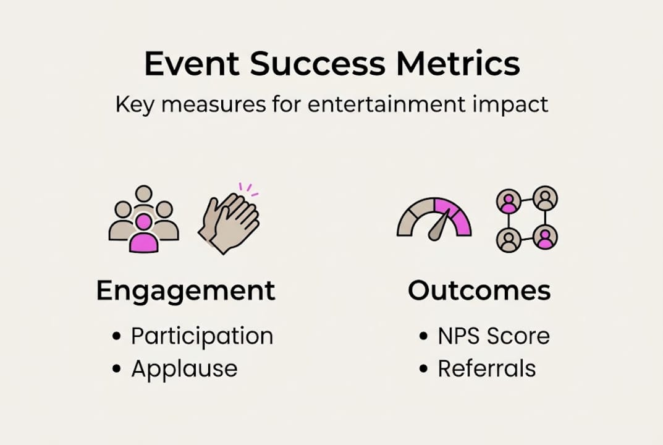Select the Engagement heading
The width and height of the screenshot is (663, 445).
point(185,290)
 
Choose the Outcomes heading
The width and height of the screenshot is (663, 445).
point(479,290)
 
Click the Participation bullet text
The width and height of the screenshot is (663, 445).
point(202,336)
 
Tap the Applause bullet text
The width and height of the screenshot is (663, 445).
point(184,368)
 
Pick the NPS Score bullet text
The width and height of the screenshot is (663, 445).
point(494,336)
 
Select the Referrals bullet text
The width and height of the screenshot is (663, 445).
point(487,368)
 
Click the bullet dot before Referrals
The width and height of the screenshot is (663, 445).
point(423,369)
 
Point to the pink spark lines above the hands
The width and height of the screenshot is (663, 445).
point(247,187)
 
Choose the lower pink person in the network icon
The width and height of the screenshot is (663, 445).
point(545,238)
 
